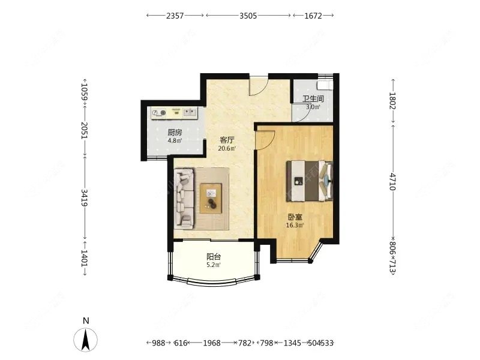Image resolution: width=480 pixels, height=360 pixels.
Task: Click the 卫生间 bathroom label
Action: point(313,99)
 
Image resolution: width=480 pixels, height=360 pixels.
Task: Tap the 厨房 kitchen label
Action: point(175,132)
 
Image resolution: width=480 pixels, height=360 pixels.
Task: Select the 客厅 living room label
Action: point(227,140)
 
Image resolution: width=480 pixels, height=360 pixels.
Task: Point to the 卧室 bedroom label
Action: point(295,217)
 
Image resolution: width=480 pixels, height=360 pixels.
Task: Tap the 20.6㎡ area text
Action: point(227,148)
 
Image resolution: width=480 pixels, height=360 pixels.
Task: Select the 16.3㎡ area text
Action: point(295,226)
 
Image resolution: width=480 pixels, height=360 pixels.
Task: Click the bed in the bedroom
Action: point(308,180)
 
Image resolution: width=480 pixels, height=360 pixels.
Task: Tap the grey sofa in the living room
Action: point(183,199)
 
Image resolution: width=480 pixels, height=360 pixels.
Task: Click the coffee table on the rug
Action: point(211,197)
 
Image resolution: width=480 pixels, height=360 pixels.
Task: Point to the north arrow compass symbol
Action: point(86,339)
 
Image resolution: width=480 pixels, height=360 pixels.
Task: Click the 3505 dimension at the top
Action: point(248,16)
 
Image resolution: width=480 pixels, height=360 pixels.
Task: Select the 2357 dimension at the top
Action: point(175,16)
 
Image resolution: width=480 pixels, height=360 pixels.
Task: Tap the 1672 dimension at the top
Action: point(313,16)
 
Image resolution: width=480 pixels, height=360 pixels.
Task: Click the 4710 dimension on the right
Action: point(393,181)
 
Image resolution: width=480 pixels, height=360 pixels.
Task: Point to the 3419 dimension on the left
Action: point(85,196)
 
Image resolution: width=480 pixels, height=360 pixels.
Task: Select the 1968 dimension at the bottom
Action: point(211,343)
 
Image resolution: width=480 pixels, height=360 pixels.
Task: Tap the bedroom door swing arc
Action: point(265,139)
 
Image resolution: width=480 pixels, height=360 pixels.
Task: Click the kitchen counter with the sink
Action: point(175,112)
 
